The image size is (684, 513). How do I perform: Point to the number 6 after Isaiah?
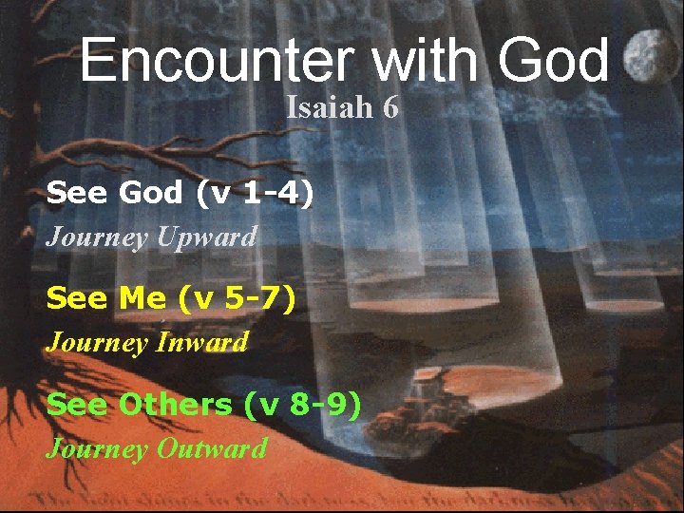(390, 107)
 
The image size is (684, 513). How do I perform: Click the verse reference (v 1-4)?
(254, 194)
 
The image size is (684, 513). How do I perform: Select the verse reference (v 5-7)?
(237, 299)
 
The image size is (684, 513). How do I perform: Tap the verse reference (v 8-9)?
(303, 405)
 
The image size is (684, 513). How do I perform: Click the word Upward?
(206, 237)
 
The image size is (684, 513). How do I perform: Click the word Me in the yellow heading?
(142, 299)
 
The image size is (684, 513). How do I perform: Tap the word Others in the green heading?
(175, 405)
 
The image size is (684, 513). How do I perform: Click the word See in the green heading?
(77, 405)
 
